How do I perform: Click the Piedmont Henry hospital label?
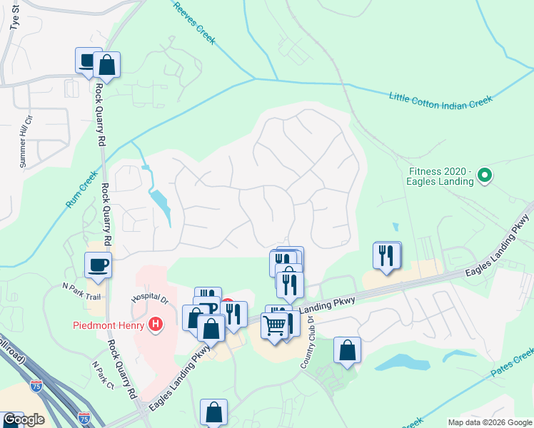[109, 326]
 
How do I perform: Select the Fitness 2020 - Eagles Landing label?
[441, 176]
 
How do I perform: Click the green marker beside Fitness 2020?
[485, 175]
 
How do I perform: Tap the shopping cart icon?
[274, 325]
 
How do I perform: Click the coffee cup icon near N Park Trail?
[99, 265]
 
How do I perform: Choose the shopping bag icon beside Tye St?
[106, 65]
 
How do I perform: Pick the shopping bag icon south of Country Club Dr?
[347, 350]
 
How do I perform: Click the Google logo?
[23, 419]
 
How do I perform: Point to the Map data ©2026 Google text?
[490, 422]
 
